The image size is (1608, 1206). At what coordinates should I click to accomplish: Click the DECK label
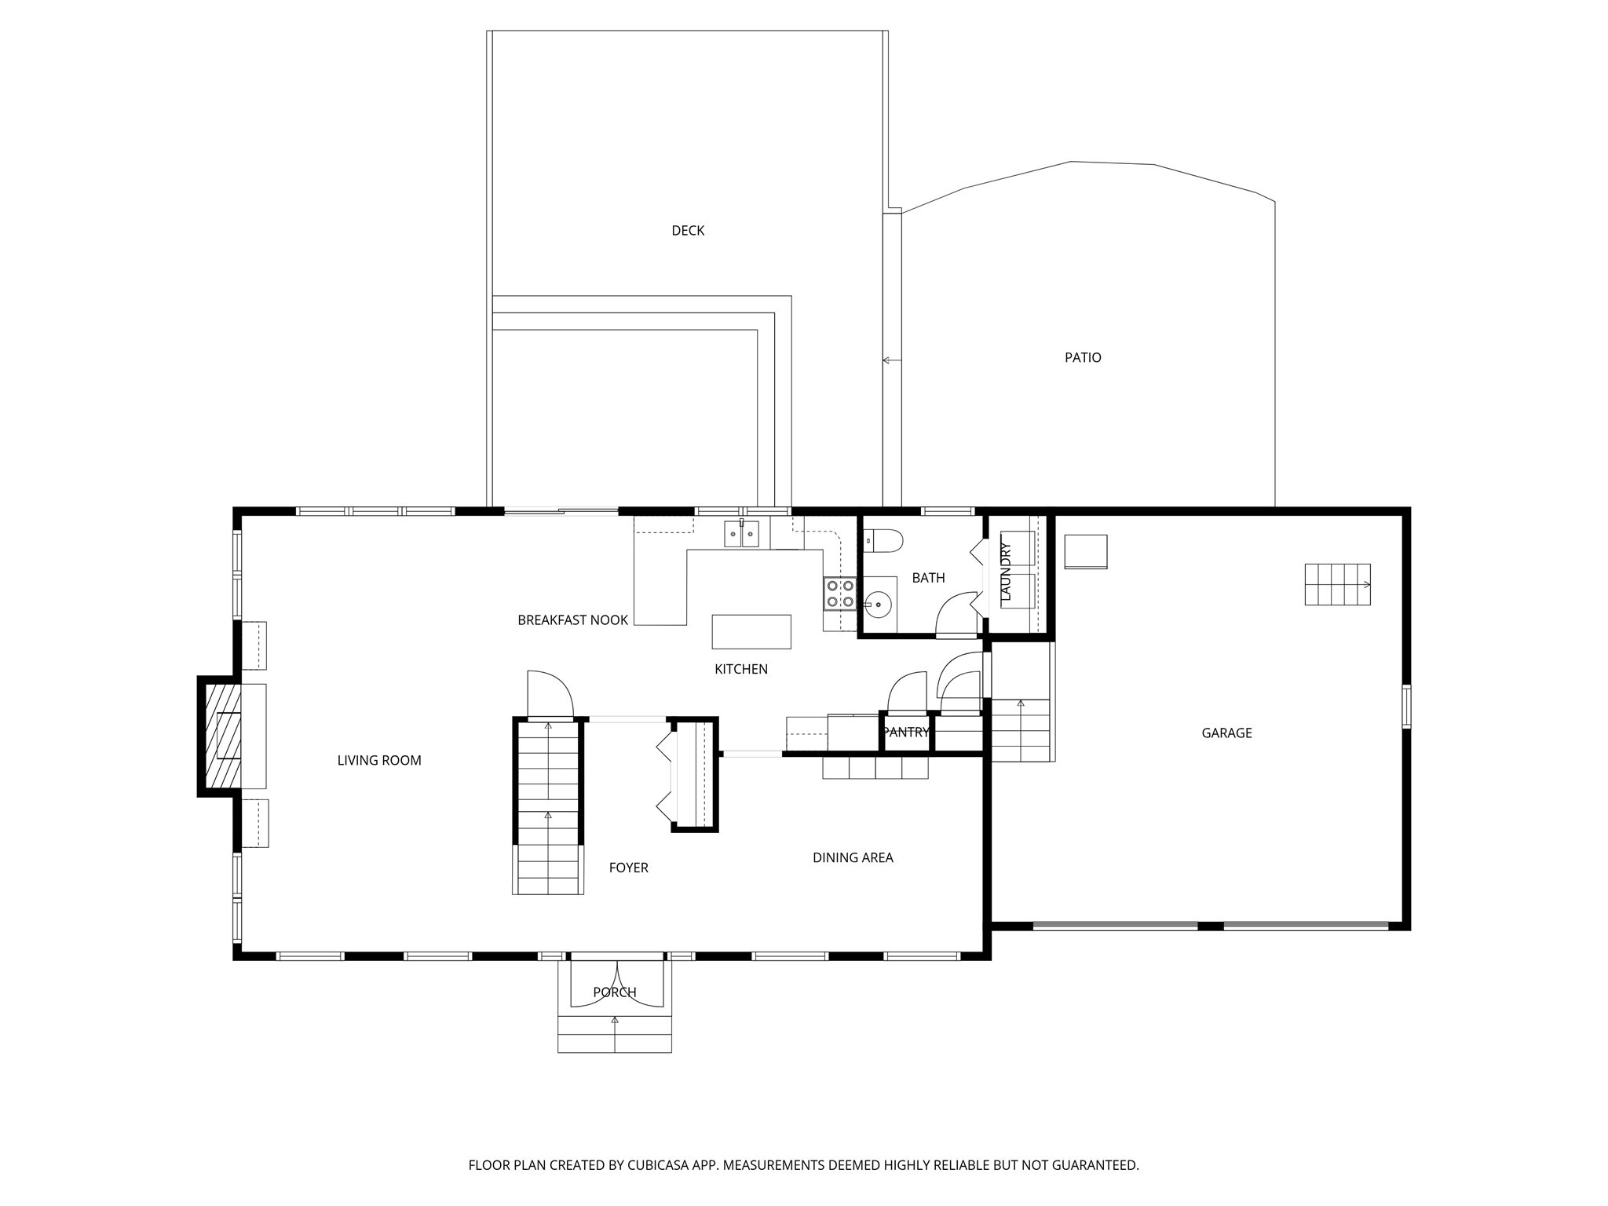[x=688, y=230]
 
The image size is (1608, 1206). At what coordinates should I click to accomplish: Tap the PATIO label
[x=1083, y=357]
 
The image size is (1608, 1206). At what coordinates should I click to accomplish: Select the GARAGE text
[x=1226, y=733]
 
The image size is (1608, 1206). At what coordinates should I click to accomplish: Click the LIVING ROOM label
[x=379, y=760]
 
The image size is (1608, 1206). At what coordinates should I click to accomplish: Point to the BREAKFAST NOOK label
[x=572, y=620]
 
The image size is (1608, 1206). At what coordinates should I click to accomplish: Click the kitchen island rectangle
[x=751, y=631]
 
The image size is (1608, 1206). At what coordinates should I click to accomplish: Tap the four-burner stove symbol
[x=839, y=594]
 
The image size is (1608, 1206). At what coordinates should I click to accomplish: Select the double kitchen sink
[x=741, y=534]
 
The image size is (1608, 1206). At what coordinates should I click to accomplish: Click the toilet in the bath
[x=883, y=540]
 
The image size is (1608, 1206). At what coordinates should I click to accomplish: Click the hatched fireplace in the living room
[x=222, y=736]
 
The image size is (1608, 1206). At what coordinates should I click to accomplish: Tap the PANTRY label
[x=905, y=733]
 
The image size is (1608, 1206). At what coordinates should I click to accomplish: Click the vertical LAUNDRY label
[x=1006, y=572]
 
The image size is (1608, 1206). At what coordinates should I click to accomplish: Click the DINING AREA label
[x=853, y=857]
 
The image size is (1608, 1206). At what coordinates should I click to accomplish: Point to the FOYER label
[x=628, y=868]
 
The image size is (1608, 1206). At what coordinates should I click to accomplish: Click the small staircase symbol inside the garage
[x=1337, y=584]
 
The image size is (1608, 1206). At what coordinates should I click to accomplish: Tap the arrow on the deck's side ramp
[x=890, y=360]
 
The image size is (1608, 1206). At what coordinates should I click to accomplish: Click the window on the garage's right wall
[x=1406, y=706]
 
